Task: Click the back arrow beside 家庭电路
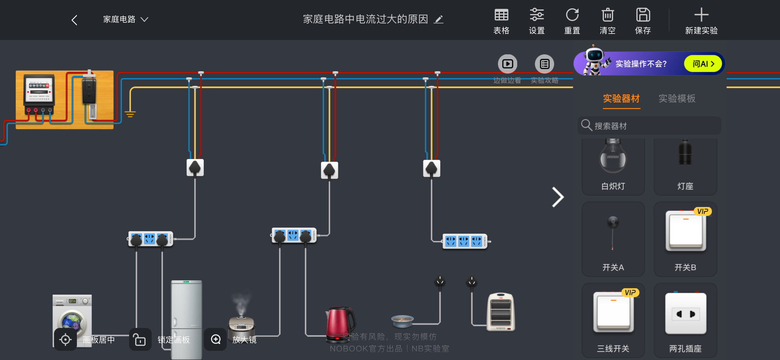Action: [74, 20]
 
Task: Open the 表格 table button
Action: [501, 15]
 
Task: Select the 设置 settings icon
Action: [536, 15]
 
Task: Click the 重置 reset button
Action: [572, 15]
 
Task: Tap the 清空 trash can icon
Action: [607, 15]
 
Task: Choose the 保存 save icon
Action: [643, 15]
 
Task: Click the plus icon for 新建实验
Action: [701, 15]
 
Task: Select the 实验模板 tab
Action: [677, 99]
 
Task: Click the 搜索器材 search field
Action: [650, 125]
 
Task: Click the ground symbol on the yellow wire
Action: [130, 114]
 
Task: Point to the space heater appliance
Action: [500, 312]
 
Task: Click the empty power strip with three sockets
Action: [465, 242]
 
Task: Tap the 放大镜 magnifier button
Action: [215, 339]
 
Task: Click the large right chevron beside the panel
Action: [558, 197]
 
